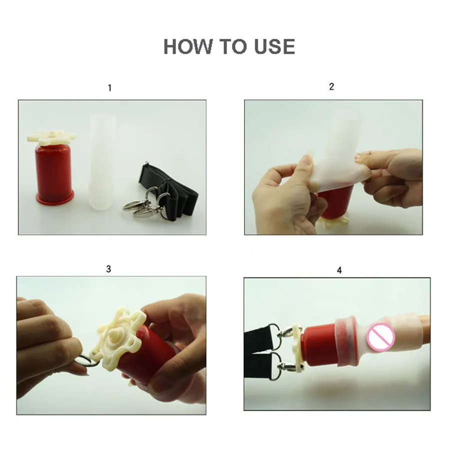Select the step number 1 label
click(x=109, y=88)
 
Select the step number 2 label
click(x=331, y=86)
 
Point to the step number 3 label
click(x=108, y=269)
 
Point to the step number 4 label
click(x=339, y=270)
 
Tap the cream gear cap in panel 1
click(x=51, y=137)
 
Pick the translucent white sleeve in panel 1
click(x=102, y=161)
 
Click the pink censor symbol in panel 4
click(x=381, y=336)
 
